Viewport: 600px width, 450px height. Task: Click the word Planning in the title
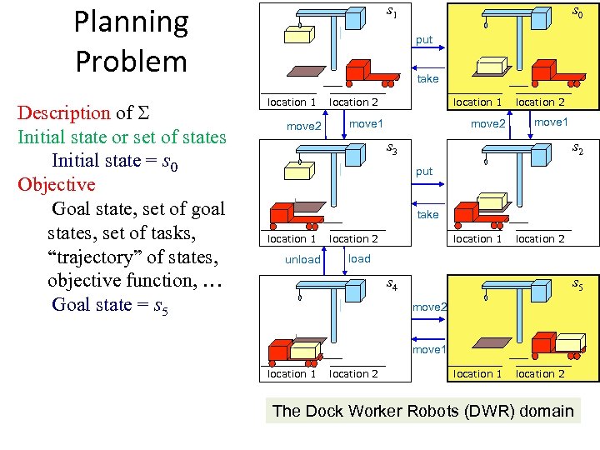point(131,22)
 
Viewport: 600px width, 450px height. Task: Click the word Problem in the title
point(131,61)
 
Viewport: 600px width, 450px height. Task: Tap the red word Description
point(64,113)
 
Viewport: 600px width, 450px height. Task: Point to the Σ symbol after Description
point(143,113)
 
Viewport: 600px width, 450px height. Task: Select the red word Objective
point(57,184)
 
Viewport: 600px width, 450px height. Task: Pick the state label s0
point(576,12)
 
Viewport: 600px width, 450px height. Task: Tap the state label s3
point(392,150)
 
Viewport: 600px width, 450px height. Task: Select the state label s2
point(576,150)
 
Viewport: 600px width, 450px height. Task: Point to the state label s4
point(392,285)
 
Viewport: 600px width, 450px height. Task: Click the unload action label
point(302,259)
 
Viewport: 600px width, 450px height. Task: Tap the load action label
point(359,258)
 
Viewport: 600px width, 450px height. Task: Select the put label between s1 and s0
point(424,40)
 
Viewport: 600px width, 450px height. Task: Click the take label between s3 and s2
point(427,214)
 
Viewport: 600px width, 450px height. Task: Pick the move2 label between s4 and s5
point(430,307)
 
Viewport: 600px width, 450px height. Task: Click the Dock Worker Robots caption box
point(423,411)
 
